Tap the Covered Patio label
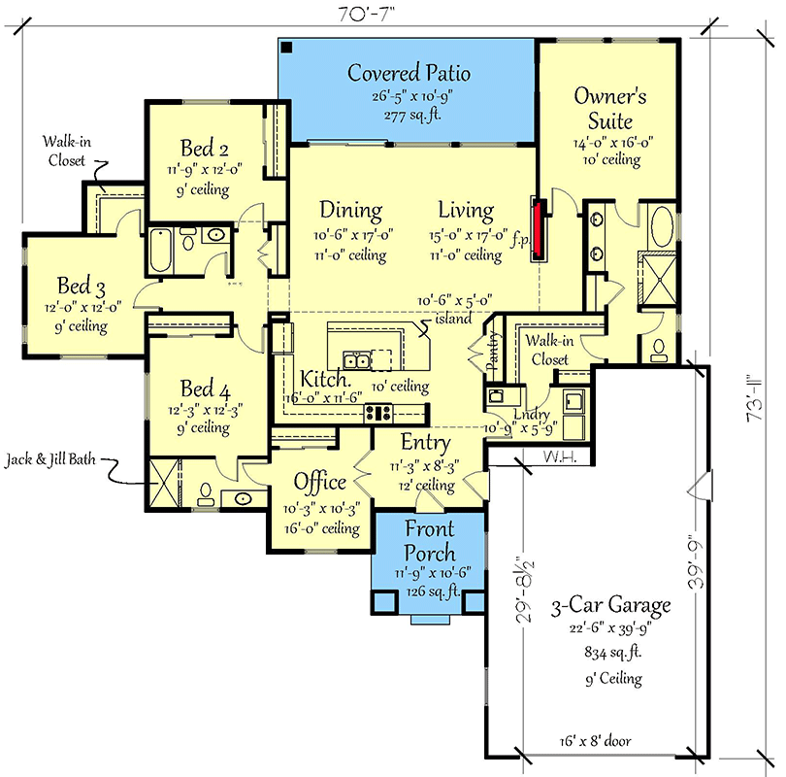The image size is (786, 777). [x=409, y=73]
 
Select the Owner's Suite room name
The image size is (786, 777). [x=610, y=109]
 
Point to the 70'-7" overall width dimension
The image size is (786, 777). [x=366, y=14]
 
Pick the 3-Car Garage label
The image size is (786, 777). [x=610, y=605]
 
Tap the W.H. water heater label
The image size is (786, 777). [x=560, y=456]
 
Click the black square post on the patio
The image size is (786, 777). [x=286, y=48]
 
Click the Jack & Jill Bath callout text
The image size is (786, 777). [x=50, y=459]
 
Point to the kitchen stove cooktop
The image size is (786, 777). [x=378, y=413]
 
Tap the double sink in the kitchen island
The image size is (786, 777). [x=356, y=360]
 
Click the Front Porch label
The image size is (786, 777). [x=430, y=541]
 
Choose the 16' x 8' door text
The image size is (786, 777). [x=595, y=741]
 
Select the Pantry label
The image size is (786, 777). [x=493, y=350]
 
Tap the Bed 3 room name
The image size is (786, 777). [x=82, y=286]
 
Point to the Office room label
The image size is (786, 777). [x=320, y=482]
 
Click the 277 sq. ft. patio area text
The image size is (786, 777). [x=412, y=116]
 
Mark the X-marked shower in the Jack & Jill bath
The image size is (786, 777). [x=164, y=483]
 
